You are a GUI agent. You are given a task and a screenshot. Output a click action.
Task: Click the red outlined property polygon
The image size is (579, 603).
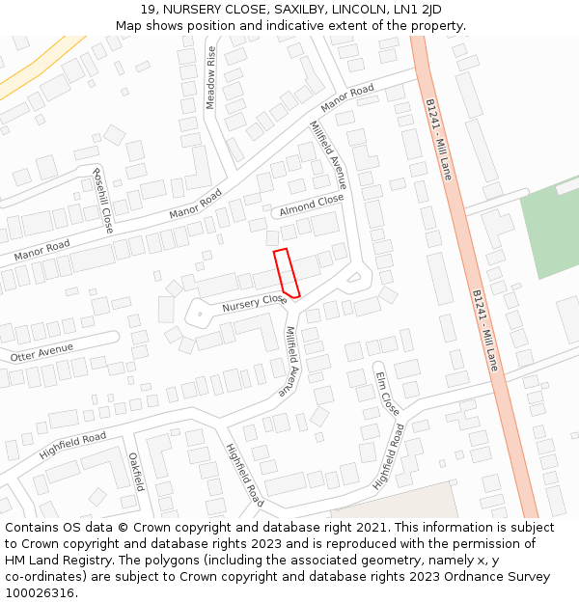(x=287, y=272)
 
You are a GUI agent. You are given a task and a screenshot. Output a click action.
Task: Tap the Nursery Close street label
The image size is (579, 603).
(x=255, y=303)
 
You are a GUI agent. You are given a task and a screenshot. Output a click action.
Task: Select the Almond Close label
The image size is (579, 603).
(x=312, y=206)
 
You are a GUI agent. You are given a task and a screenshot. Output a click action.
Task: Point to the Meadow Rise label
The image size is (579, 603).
(x=210, y=77)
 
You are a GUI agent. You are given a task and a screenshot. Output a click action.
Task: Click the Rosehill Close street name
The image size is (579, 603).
(x=102, y=200)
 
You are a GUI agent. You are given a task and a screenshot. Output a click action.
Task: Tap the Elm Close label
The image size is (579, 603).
(x=387, y=394)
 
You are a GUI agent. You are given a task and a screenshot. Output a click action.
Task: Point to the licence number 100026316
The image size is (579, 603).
(x=40, y=593)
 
